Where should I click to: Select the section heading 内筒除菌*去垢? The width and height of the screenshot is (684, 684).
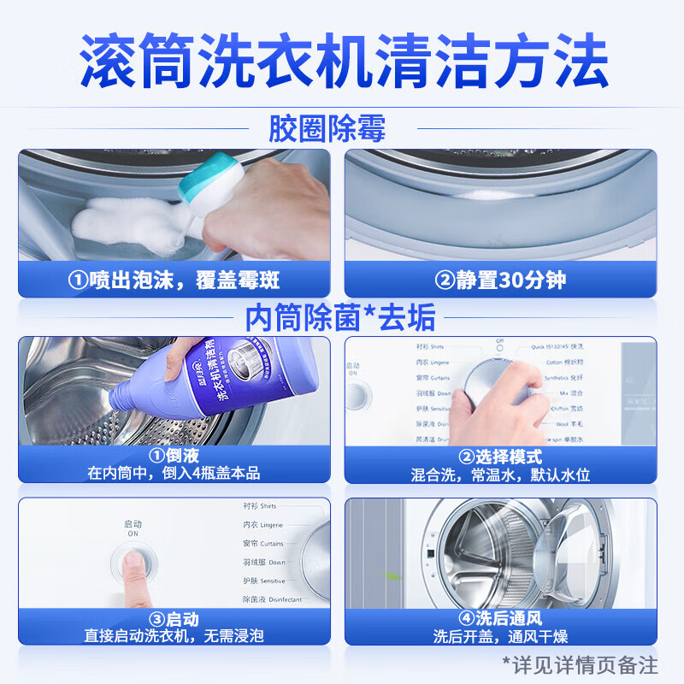point(340,317)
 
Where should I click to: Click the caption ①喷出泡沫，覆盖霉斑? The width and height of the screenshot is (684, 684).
point(174,280)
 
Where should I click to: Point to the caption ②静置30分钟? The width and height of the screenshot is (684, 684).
point(501,280)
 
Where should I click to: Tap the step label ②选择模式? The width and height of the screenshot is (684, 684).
point(501,457)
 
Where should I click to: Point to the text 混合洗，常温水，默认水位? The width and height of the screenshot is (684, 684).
point(501,474)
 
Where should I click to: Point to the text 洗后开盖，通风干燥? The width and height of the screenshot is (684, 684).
point(501,636)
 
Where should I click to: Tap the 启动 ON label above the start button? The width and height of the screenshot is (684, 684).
point(133,528)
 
